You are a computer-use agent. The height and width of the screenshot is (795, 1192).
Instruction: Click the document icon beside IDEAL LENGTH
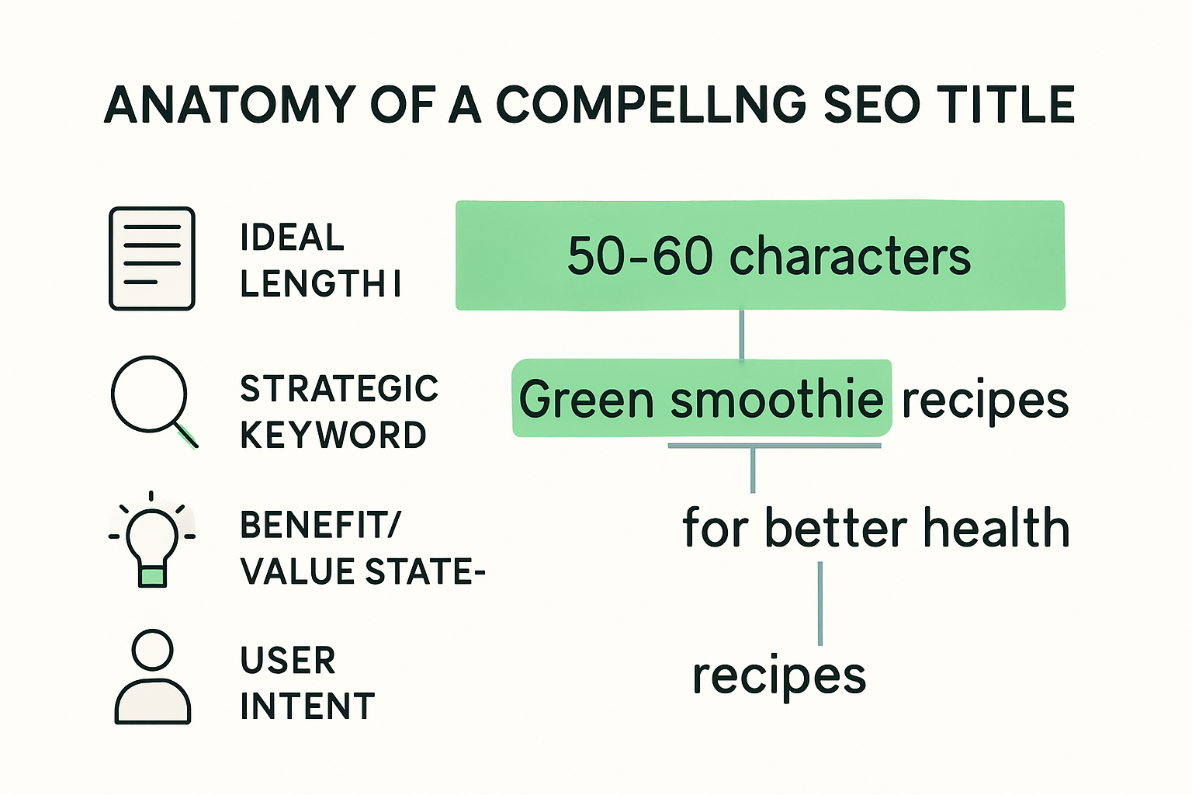152,259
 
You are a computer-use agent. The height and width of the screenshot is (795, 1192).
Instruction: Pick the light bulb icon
152,540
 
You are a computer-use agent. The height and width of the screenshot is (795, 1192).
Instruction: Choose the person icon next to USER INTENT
152,677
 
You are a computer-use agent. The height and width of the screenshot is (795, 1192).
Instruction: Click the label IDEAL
292,238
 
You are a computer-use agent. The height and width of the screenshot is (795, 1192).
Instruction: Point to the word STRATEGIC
339,389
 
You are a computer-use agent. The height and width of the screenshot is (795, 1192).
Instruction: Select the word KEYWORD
333,436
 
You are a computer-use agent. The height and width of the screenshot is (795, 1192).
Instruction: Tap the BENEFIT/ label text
320,526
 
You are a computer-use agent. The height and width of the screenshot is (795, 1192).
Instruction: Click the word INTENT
307,706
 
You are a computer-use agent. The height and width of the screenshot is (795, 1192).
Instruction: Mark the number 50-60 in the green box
639,256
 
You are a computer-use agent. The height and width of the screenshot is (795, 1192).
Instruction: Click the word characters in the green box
850,256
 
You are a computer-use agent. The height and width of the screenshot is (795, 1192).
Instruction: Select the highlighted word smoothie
776,400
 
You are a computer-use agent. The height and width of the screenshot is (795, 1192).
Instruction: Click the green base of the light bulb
152,576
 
